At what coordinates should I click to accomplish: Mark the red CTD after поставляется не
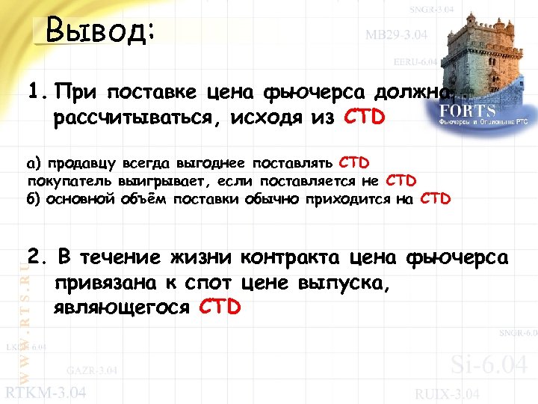tap(401, 181)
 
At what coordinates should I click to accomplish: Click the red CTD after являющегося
tap(220, 307)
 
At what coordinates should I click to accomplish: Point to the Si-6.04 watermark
tap(489, 365)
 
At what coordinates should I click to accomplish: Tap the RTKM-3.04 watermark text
tap(46, 392)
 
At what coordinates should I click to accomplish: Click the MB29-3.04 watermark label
tap(396, 34)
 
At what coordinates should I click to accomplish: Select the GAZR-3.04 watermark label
tap(91, 370)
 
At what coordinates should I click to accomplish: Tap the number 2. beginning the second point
tap(35, 258)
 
